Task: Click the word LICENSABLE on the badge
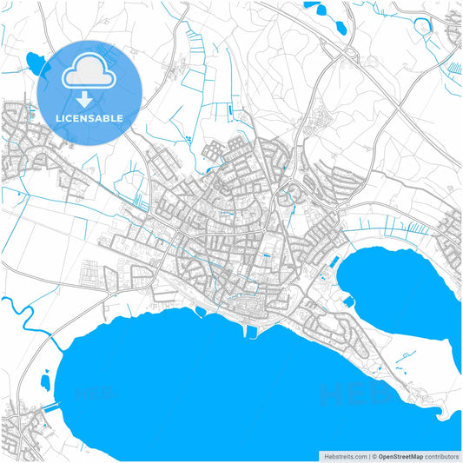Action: tap(90, 117)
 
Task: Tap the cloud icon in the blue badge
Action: tap(90, 70)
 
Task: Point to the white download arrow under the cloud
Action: tap(90, 96)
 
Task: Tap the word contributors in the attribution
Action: tap(443, 456)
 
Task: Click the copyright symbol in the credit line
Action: tap(374, 456)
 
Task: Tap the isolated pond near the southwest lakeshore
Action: tap(45, 381)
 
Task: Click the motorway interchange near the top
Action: tap(347, 54)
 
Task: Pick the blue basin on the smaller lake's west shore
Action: tap(349, 302)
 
